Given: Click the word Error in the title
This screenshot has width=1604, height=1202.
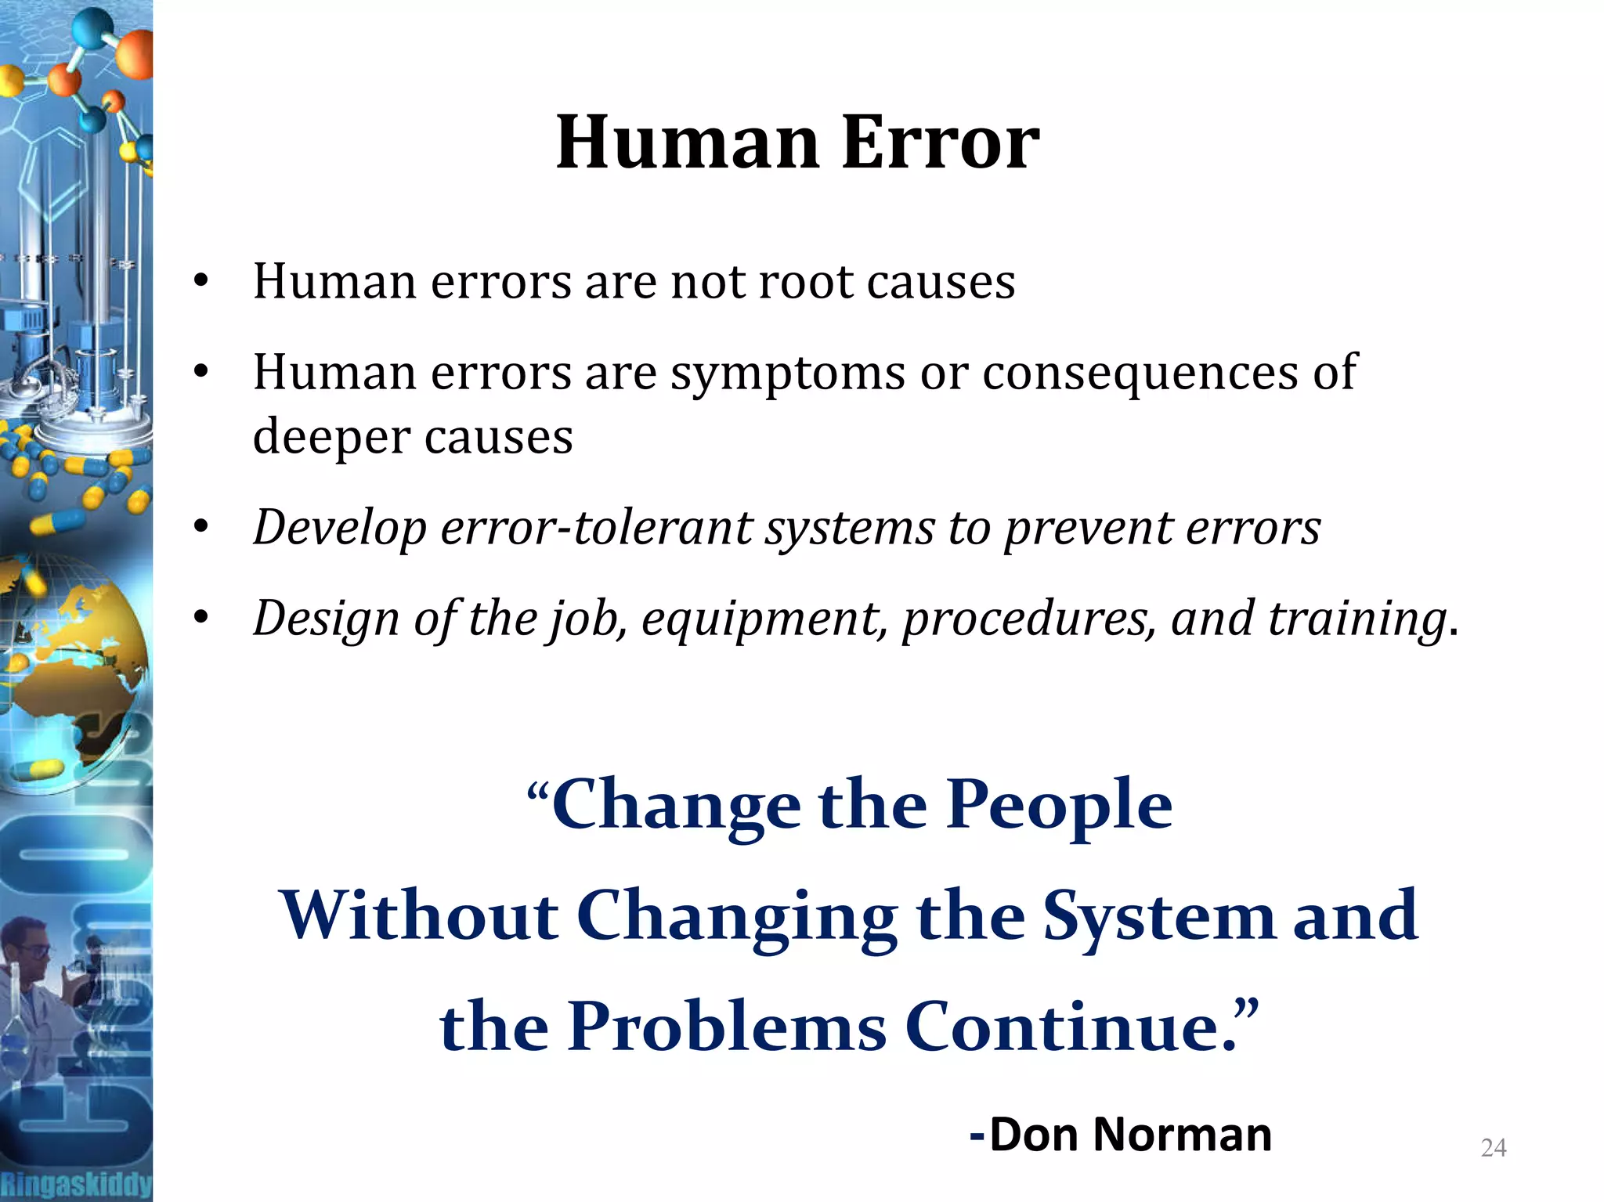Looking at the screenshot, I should [x=940, y=143].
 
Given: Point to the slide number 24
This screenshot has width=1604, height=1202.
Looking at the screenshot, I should [x=1494, y=1148].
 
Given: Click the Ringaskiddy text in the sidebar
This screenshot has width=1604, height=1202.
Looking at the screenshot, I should [x=76, y=1183].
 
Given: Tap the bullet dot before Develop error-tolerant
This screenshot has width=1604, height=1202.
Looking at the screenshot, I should [x=201, y=527].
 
